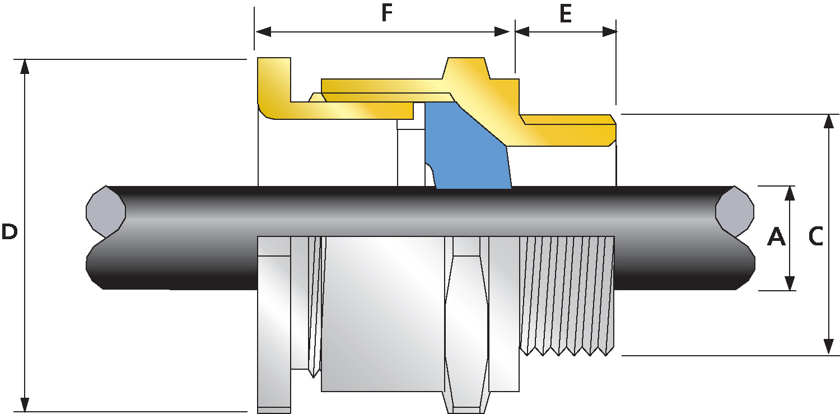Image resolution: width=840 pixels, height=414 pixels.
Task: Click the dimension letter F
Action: click(386, 13)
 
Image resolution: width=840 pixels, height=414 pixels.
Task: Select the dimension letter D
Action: click(9, 232)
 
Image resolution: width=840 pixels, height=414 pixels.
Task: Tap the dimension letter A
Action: click(776, 237)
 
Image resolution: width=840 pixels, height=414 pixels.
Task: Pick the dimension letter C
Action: click(815, 237)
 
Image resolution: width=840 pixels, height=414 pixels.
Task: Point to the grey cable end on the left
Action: click(106, 211)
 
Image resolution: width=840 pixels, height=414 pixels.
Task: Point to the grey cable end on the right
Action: click(735, 211)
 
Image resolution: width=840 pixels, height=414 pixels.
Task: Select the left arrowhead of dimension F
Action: click(263, 31)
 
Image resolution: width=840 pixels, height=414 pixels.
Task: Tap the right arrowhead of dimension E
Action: click(610, 31)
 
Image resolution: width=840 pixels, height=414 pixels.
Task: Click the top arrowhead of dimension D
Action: click(25, 66)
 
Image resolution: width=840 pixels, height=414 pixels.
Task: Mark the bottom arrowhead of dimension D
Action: click(25, 404)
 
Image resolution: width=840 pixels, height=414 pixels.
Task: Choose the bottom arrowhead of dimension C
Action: click(829, 347)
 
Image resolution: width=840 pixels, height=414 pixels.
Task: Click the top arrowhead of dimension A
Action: click(790, 193)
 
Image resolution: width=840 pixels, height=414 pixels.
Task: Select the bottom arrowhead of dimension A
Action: click(790, 283)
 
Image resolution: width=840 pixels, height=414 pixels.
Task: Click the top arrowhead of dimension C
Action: click(829, 122)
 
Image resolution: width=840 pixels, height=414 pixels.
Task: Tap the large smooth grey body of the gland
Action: click(382, 314)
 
